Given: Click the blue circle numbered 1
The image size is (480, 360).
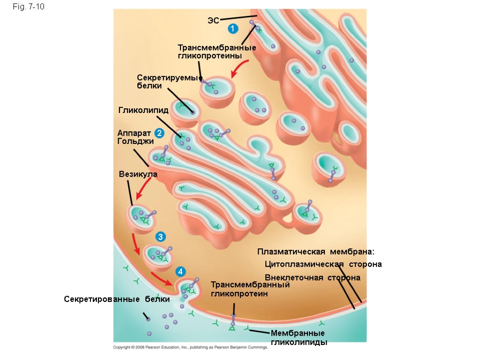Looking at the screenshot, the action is (x=232, y=29).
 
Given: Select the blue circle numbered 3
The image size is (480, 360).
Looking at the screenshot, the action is (x=160, y=237).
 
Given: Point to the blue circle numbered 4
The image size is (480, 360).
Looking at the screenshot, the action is (x=181, y=272).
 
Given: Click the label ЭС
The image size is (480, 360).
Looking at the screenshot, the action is (x=213, y=20).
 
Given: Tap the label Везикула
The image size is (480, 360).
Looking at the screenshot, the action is (x=138, y=174).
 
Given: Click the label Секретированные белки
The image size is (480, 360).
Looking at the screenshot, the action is (x=116, y=299).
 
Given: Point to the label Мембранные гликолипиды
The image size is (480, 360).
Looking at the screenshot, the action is (x=298, y=337).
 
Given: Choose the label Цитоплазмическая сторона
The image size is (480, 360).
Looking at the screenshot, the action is (x=323, y=264).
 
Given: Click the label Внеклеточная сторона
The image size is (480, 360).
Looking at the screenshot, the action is (x=312, y=277).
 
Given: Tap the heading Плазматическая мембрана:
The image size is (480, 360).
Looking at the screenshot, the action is (x=316, y=252).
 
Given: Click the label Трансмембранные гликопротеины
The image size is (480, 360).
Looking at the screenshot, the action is (x=217, y=51).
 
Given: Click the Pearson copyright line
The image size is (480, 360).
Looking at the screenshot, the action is (x=190, y=347).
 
